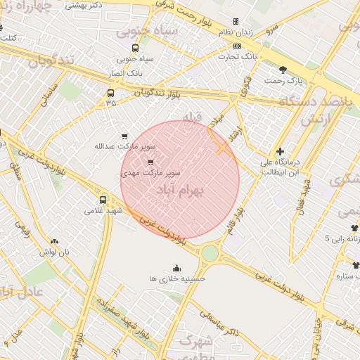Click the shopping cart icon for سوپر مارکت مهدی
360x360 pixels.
click(150, 162)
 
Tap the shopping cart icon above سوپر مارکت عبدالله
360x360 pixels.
click(124, 136)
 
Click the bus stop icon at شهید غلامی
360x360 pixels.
click(104, 200)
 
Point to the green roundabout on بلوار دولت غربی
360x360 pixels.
click(210, 252)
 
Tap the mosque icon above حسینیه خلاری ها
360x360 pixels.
click(176, 268)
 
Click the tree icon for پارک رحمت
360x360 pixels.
click(283, 70)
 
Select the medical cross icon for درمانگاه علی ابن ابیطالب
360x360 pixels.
click(280, 151)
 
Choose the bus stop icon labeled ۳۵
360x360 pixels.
click(110, 93)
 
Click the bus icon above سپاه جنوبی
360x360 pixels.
click(136, 49)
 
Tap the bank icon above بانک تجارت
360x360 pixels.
click(236, 46)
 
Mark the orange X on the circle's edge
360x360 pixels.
click(222, 148)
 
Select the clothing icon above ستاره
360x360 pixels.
click(354, 265)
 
